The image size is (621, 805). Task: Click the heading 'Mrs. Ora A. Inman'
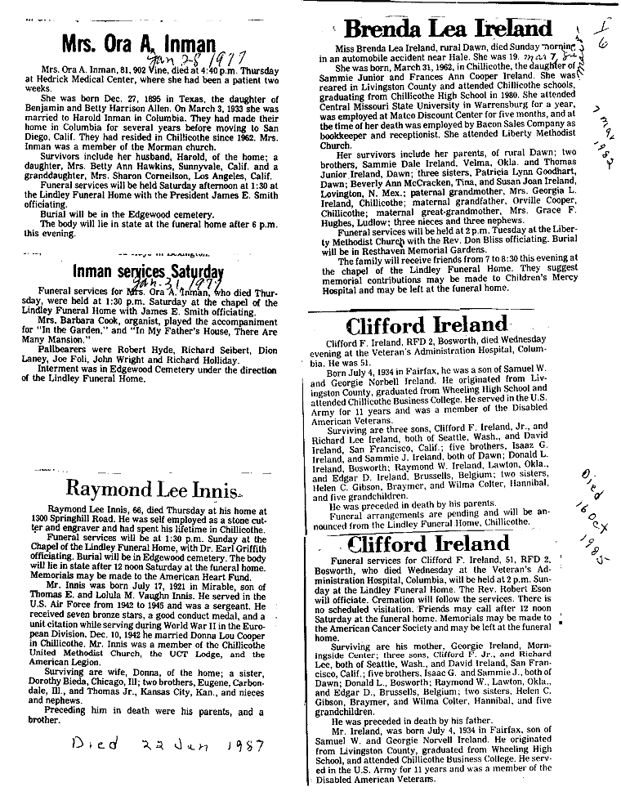[138, 45]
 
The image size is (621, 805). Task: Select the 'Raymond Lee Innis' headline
[152, 489]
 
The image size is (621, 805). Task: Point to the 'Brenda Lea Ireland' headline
[447, 29]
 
